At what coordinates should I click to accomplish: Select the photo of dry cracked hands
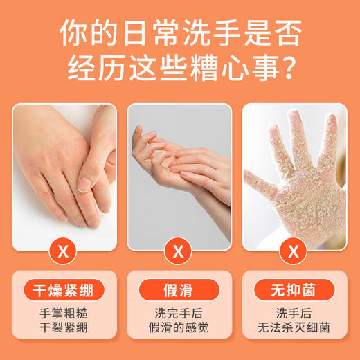point(64,177)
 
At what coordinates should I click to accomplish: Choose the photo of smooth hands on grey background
point(179,177)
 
